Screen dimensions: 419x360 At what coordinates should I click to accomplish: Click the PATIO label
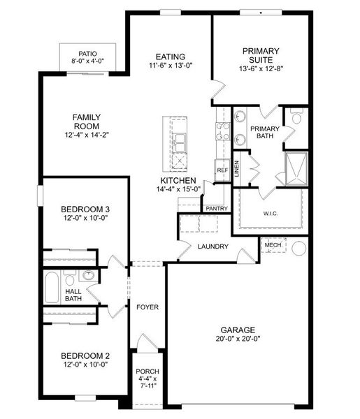click(87, 53)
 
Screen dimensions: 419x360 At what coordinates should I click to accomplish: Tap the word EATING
click(171, 57)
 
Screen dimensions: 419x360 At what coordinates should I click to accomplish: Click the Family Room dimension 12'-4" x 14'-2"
click(87, 135)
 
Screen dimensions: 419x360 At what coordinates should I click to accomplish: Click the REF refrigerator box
click(222, 170)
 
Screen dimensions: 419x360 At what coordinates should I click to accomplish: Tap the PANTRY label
click(215, 208)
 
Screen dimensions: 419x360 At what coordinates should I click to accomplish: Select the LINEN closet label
click(238, 168)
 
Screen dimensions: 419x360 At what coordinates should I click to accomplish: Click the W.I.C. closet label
click(271, 213)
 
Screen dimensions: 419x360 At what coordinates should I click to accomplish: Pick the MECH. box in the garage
click(272, 246)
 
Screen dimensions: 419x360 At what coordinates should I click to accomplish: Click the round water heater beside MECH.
click(300, 248)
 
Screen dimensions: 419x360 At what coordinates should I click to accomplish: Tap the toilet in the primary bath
click(295, 118)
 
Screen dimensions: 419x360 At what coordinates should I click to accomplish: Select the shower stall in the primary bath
click(298, 167)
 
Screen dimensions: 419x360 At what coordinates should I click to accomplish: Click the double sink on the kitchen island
click(180, 142)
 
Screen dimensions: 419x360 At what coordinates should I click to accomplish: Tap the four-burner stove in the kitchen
click(224, 131)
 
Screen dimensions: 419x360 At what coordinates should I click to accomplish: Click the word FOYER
click(147, 307)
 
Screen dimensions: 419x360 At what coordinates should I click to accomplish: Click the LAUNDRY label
click(213, 247)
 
